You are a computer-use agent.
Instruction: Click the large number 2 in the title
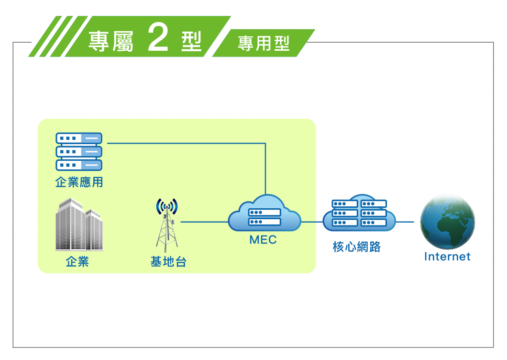[x=158, y=38]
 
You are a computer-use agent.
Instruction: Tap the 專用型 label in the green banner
[x=264, y=44]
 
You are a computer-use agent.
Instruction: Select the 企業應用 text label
[x=79, y=182]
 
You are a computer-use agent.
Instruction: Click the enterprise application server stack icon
[x=79, y=151]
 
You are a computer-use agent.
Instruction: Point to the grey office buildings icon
[x=79, y=225]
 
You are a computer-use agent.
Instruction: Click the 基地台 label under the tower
[x=168, y=261]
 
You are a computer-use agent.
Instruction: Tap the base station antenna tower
[x=167, y=225]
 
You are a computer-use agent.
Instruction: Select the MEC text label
[x=263, y=240]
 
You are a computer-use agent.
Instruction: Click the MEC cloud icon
[x=265, y=213]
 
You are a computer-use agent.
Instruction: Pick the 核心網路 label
[x=357, y=247]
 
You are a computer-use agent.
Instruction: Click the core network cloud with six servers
[x=359, y=213]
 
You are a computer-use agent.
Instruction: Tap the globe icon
[x=448, y=222]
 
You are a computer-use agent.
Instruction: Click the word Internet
[x=447, y=257]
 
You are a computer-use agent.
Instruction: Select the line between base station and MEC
[x=204, y=222]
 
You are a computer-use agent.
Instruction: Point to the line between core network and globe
[x=405, y=222]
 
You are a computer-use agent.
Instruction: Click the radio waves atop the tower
[x=167, y=206]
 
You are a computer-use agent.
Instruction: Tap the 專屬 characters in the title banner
[x=111, y=42]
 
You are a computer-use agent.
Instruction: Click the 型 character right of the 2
[x=191, y=41]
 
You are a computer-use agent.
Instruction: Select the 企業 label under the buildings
[x=77, y=261]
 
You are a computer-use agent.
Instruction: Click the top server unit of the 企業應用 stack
[x=79, y=138]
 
